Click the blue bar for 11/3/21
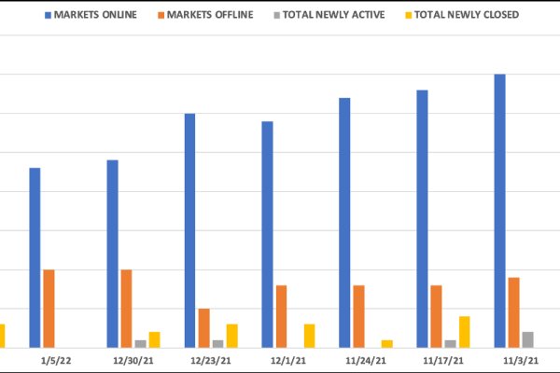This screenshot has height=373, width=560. click(x=499, y=210)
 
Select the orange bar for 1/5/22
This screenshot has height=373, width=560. click(x=49, y=308)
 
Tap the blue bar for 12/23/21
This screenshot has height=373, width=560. click(x=189, y=229)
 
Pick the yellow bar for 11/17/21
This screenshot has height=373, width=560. click(x=464, y=331)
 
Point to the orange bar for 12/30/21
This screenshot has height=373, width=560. click(x=126, y=308)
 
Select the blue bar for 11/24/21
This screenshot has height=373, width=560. click(x=344, y=222)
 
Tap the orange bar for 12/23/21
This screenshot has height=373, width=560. click(x=203, y=327)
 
